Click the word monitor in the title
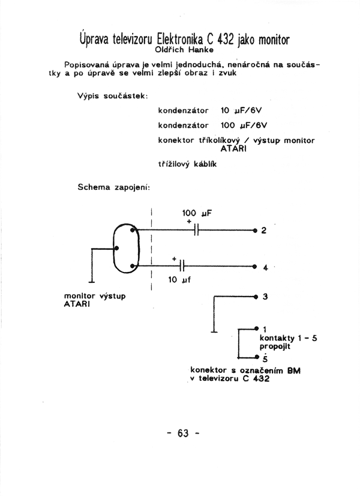274,40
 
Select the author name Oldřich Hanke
184,50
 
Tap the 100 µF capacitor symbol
196,230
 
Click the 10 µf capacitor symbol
181,265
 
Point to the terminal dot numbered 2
255,230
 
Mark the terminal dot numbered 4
255,267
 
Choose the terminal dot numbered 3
256,297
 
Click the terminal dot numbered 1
256,328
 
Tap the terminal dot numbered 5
257,357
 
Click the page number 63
183,433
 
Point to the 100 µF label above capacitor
197,213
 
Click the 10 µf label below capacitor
179,280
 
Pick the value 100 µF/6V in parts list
244,126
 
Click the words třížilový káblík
187,164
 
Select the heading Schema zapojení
114,187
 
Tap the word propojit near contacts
275,346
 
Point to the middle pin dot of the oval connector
116,249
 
